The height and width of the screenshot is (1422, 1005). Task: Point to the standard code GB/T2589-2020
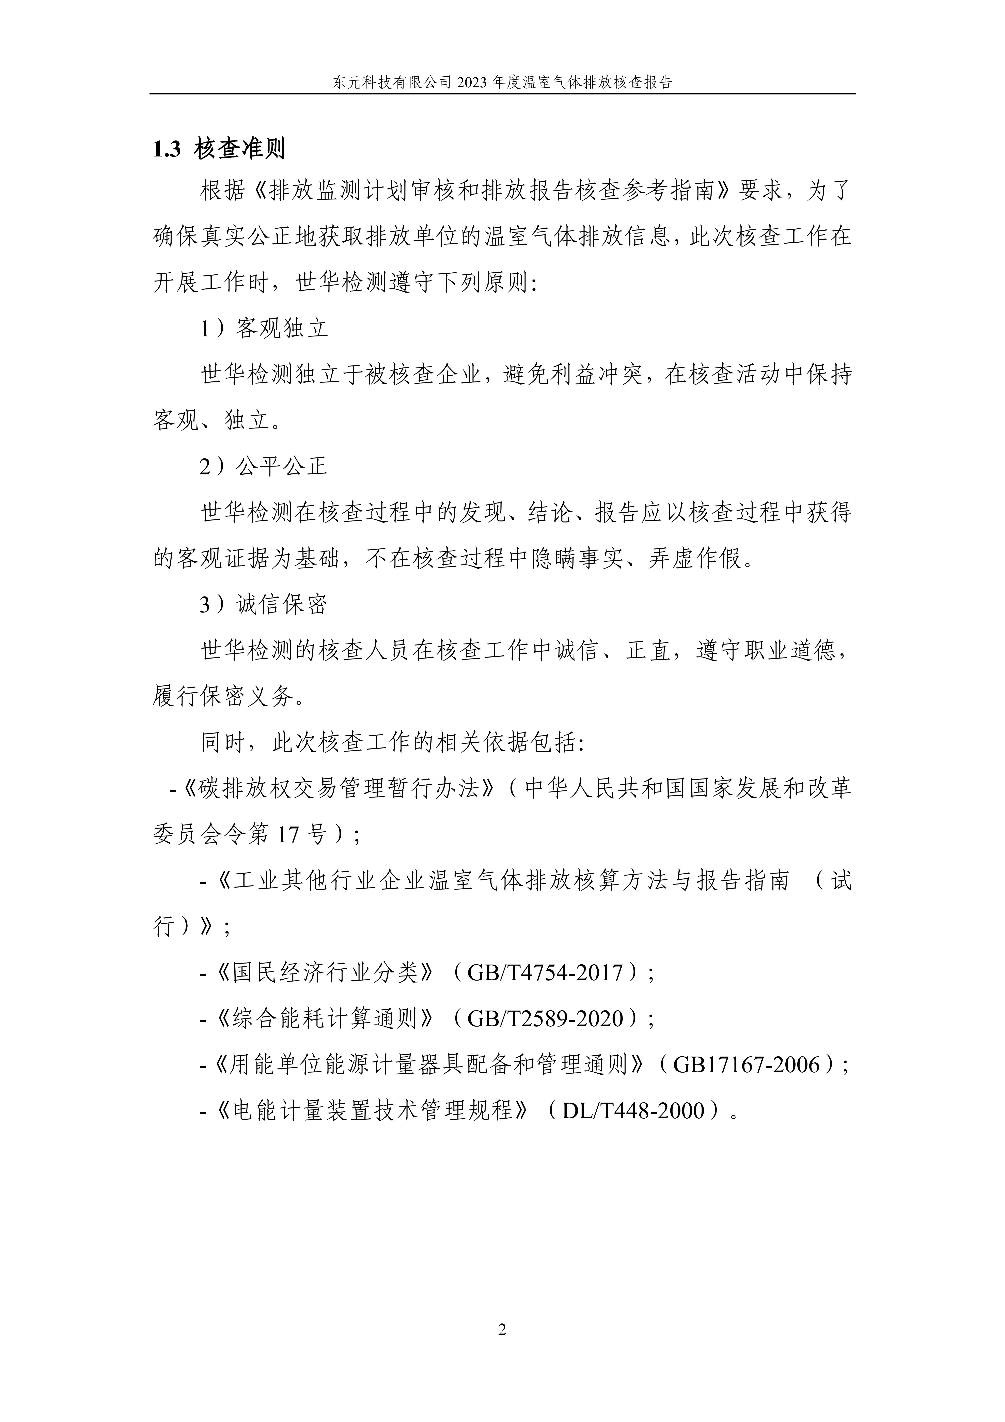545,1018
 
